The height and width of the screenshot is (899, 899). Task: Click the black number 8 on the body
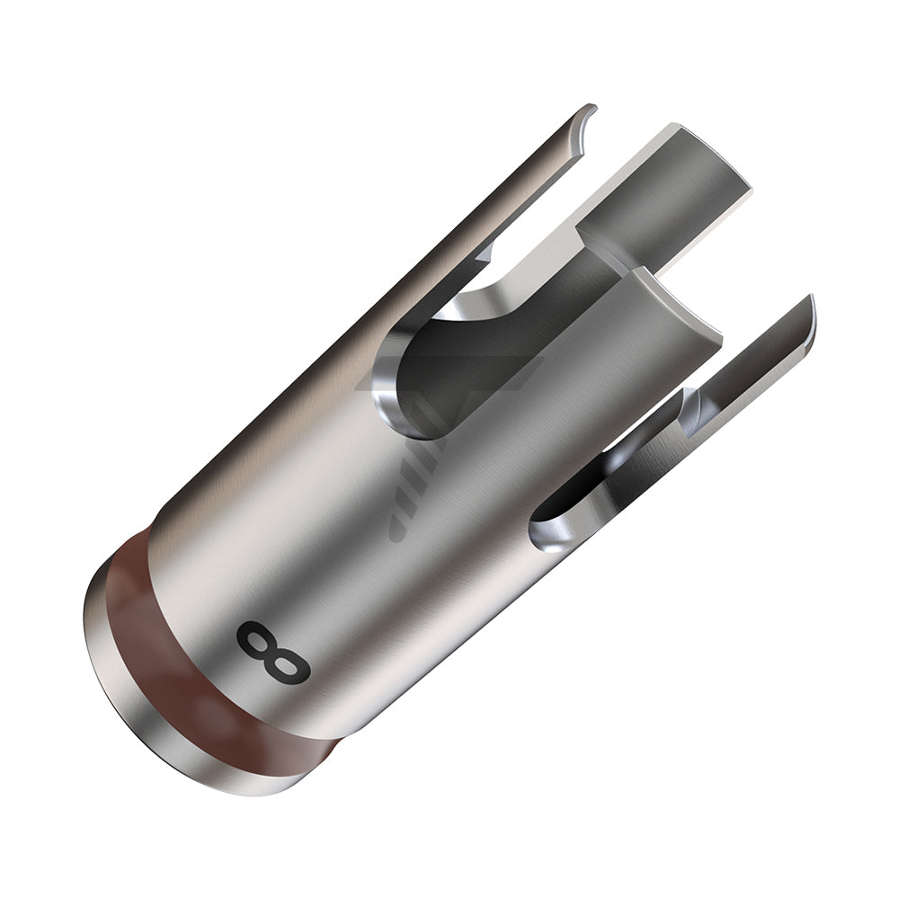[x=273, y=651]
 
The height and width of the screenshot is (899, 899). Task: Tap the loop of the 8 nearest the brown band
[x=258, y=637]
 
